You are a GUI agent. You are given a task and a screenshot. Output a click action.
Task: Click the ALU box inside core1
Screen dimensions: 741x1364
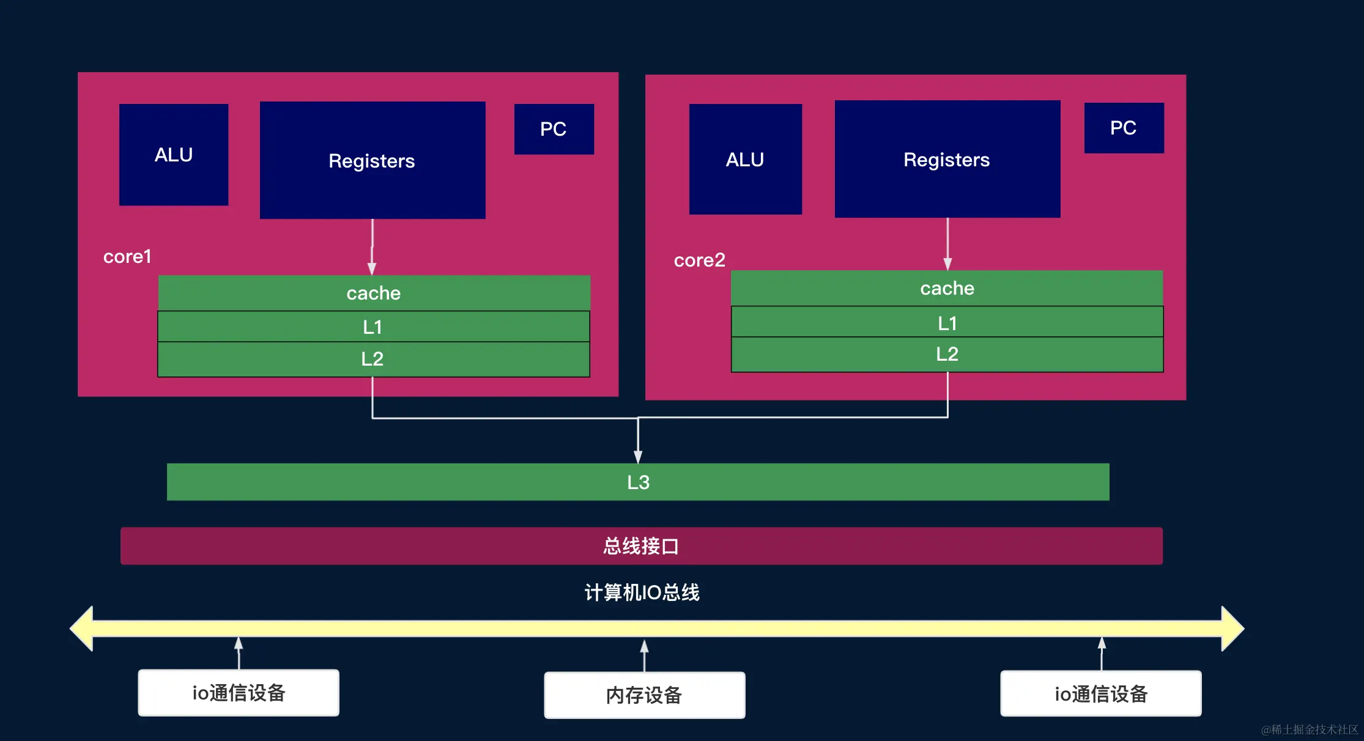point(174,155)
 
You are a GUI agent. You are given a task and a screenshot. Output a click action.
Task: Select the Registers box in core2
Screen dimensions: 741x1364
point(947,159)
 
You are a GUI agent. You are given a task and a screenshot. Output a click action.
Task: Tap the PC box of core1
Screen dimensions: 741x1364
point(554,129)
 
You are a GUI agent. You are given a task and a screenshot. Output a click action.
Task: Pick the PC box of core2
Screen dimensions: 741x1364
point(1124,128)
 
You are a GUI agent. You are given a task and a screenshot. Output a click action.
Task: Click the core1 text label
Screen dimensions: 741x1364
point(127,257)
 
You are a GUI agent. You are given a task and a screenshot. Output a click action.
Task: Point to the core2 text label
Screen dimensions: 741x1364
point(699,260)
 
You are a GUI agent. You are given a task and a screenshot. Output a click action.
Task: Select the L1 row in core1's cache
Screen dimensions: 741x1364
point(373,326)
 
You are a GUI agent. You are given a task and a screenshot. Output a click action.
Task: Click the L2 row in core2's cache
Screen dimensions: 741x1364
point(947,354)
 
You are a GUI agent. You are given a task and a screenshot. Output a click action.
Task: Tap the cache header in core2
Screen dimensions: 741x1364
point(947,288)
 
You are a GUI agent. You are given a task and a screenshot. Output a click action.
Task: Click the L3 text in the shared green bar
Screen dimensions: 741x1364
point(638,482)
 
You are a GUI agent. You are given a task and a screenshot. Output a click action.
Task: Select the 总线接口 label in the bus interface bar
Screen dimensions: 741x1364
point(641,546)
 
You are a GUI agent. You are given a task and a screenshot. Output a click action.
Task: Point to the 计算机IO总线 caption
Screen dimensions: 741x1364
point(642,592)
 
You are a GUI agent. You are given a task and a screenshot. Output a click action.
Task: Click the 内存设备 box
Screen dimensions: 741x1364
point(644,695)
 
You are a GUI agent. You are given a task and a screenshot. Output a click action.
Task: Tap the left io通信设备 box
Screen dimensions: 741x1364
point(239,693)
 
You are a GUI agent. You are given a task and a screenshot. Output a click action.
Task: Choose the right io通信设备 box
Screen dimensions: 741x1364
point(1100,694)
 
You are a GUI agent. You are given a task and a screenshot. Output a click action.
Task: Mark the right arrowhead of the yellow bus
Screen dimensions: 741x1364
point(1232,629)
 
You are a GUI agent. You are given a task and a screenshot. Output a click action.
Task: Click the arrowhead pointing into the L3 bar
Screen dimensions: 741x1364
point(638,457)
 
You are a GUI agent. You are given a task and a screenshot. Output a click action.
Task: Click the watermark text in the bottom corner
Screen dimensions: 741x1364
point(1309,729)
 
